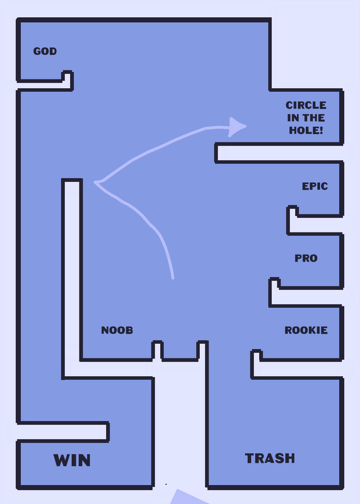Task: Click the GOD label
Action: pyautogui.click(x=45, y=51)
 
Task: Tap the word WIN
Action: pyautogui.click(x=72, y=460)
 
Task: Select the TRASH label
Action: pyautogui.click(x=270, y=458)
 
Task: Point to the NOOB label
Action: pyautogui.click(x=117, y=330)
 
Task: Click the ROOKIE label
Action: pyautogui.click(x=306, y=330)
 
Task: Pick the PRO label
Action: pyautogui.click(x=306, y=258)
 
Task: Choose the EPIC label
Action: pyautogui.click(x=315, y=186)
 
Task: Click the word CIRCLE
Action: pyautogui.click(x=306, y=105)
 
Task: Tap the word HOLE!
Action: pyautogui.click(x=306, y=130)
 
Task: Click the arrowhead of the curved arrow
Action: pyautogui.click(x=237, y=127)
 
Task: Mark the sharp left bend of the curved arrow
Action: pyautogui.click(x=96, y=183)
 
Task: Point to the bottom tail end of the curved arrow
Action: pyautogui.click(x=173, y=278)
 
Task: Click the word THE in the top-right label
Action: pyautogui.click(x=313, y=118)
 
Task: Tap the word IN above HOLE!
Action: pyautogui.click(x=293, y=118)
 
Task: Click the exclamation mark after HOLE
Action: pyautogui.click(x=321, y=130)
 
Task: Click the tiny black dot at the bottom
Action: pyautogui.click(x=166, y=484)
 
